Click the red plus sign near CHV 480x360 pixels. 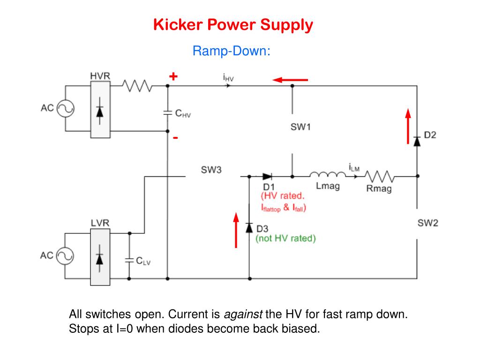point(173,76)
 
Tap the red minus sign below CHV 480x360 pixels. point(175,138)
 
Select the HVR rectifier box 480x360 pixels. point(100,109)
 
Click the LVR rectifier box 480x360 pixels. point(100,257)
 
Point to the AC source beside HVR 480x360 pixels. point(66,109)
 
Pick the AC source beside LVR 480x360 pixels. point(65,256)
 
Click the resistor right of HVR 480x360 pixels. point(137,86)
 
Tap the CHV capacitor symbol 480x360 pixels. point(167,113)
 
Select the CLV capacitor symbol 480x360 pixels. point(129,261)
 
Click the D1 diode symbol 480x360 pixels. point(267,176)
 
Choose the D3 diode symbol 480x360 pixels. point(249,228)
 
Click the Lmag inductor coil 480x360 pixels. point(328,175)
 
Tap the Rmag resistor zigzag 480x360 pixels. point(380,176)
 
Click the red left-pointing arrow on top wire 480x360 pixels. point(290,80)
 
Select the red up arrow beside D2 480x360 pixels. point(408,126)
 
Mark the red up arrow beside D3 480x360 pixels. point(236,230)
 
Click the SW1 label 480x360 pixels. point(300,127)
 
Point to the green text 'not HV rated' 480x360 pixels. point(285,238)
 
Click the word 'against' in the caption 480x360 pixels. point(243,315)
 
